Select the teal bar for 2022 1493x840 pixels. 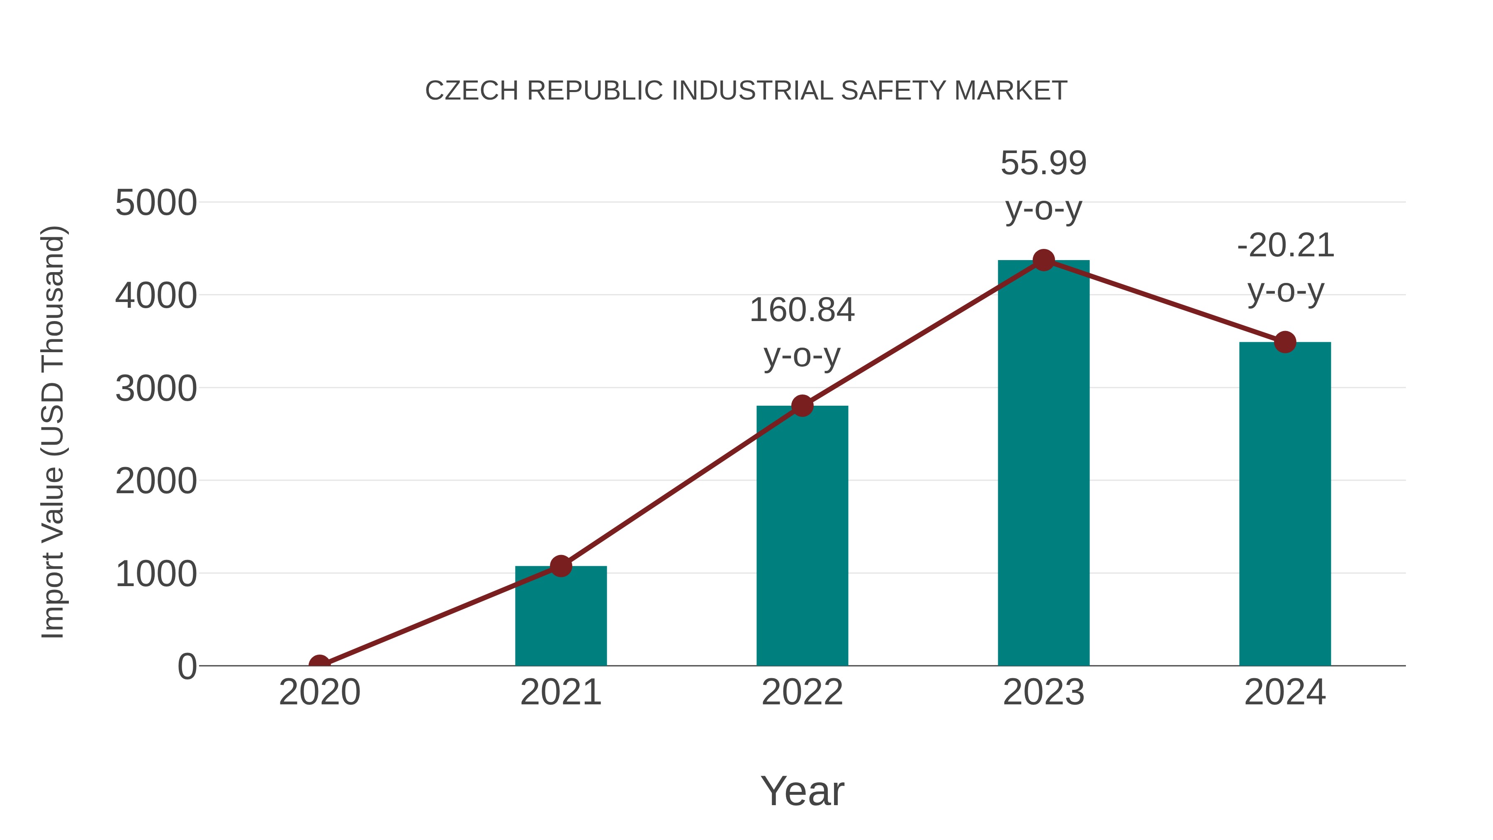802,536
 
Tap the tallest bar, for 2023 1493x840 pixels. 1043,464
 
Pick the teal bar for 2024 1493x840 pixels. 1285,504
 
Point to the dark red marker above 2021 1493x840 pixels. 560,566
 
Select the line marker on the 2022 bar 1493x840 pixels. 802,406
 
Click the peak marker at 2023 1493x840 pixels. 1043,260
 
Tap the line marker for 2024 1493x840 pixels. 1285,342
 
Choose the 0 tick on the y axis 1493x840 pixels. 187,666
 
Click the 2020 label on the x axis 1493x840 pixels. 319,692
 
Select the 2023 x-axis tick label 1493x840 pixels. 1043,692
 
